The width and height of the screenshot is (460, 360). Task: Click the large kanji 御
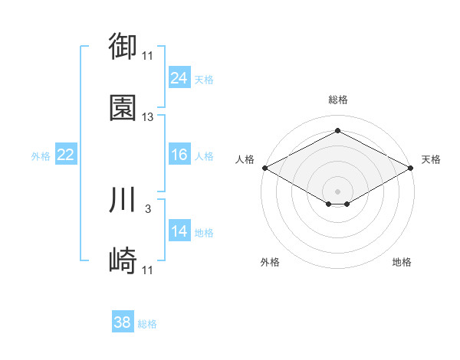(x=123, y=46)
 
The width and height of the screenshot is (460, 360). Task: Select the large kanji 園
(x=123, y=108)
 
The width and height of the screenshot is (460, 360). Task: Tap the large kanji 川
(x=122, y=199)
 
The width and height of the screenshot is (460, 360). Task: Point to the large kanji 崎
(x=123, y=260)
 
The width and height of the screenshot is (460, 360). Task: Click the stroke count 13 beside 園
(x=147, y=117)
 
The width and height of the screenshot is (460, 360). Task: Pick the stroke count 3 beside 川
(x=148, y=209)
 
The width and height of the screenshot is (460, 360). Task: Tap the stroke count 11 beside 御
(x=147, y=56)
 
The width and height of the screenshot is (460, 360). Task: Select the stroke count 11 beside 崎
(x=147, y=270)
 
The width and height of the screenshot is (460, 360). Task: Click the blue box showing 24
(x=179, y=77)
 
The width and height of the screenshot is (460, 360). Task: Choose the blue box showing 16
(x=179, y=154)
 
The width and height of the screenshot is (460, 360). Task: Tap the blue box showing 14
(x=179, y=230)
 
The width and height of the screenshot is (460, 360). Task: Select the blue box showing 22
(x=66, y=154)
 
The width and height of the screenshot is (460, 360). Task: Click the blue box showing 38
(x=123, y=321)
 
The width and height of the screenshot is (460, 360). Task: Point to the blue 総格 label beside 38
(x=147, y=324)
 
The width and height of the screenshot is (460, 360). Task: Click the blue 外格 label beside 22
(x=41, y=156)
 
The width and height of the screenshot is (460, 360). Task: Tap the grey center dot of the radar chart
(x=337, y=191)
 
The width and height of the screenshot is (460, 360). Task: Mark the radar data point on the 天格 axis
(x=411, y=168)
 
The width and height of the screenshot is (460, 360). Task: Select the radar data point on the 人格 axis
(x=265, y=168)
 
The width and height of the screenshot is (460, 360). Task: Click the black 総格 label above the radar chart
(x=338, y=100)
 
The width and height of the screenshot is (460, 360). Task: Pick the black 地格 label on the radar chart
(x=402, y=262)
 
